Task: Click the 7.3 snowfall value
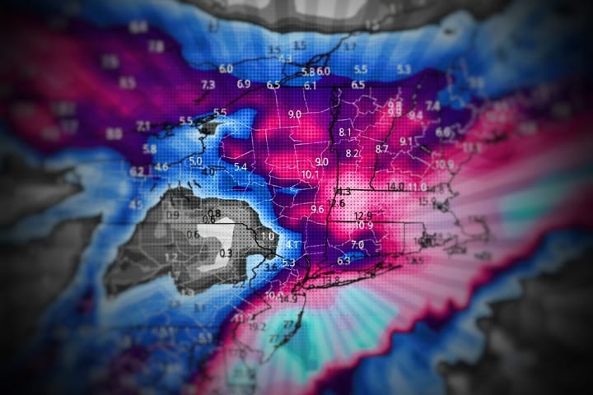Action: [x=208, y=85]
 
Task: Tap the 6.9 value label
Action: [x=244, y=84]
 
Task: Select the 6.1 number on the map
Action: [x=311, y=86]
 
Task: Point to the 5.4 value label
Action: [x=241, y=167]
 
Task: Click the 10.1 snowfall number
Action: [x=311, y=174]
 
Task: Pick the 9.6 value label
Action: [x=317, y=210]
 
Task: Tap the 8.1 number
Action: [x=345, y=132]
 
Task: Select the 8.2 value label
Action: [x=353, y=153]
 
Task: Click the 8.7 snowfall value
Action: [x=381, y=149]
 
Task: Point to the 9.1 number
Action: [x=407, y=142]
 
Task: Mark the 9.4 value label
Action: [x=415, y=115]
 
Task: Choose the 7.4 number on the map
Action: [x=432, y=106]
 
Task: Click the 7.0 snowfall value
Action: [x=357, y=245]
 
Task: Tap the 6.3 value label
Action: [x=343, y=261]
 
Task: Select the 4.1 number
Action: [x=292, y=245]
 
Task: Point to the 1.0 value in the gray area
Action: [x=267, y=237]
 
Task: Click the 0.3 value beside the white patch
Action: [x=226, y=253]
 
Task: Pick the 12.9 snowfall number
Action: [x=363, y=216]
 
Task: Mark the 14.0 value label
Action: [x=396, y=187]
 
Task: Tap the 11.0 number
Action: [x=418, y=188]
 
